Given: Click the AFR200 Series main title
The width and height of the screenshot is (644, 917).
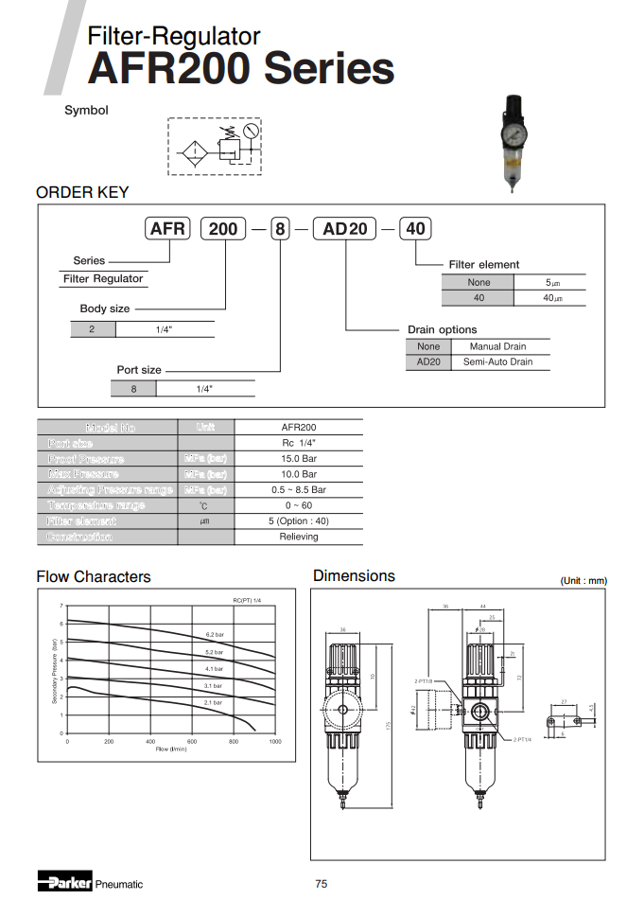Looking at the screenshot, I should pyautogui.click(x=240, y=70).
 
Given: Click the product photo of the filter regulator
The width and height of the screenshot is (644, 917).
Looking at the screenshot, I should pyautogui.click(x=512, y=142).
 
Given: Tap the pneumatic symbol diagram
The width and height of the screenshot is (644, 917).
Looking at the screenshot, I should pyautogui.click(x=214, y=146).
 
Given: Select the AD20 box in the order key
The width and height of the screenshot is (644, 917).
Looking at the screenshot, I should pyautogui.click(x=345, y=228).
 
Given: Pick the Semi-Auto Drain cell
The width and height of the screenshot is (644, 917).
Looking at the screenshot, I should pyautogui.click(x=497, y=362).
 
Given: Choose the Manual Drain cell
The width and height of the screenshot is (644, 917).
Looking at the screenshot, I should pyautogui.click(x=497, y=346).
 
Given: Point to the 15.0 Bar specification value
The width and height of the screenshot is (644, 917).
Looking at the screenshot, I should pyautogui.click(x=299, y=459).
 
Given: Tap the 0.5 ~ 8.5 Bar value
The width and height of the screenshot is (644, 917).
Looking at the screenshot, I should pyautogui.click(x=299, y=490).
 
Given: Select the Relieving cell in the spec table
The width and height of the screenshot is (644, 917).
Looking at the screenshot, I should pyautogui.click(x=299, y=537).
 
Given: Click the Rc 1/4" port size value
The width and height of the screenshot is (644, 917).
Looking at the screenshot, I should pyautogui.click(x=299, y=443).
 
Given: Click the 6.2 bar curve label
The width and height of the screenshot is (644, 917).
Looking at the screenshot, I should pyautogui.click(x=214, y=634).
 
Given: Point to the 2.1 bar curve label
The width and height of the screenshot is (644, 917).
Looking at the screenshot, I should pyautogui.click(x=213, y=703).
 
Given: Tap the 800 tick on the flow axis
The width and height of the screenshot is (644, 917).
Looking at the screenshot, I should pyautogui.click(x=234, y=742).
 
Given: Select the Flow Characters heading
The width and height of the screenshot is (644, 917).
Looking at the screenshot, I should pyautogui.click(x=94, y=576).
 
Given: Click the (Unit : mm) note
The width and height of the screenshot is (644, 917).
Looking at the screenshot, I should pyautogui.click(x=583, y=580).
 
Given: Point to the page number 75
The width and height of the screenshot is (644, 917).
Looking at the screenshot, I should pyautogui.click(x=322, y=884).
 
